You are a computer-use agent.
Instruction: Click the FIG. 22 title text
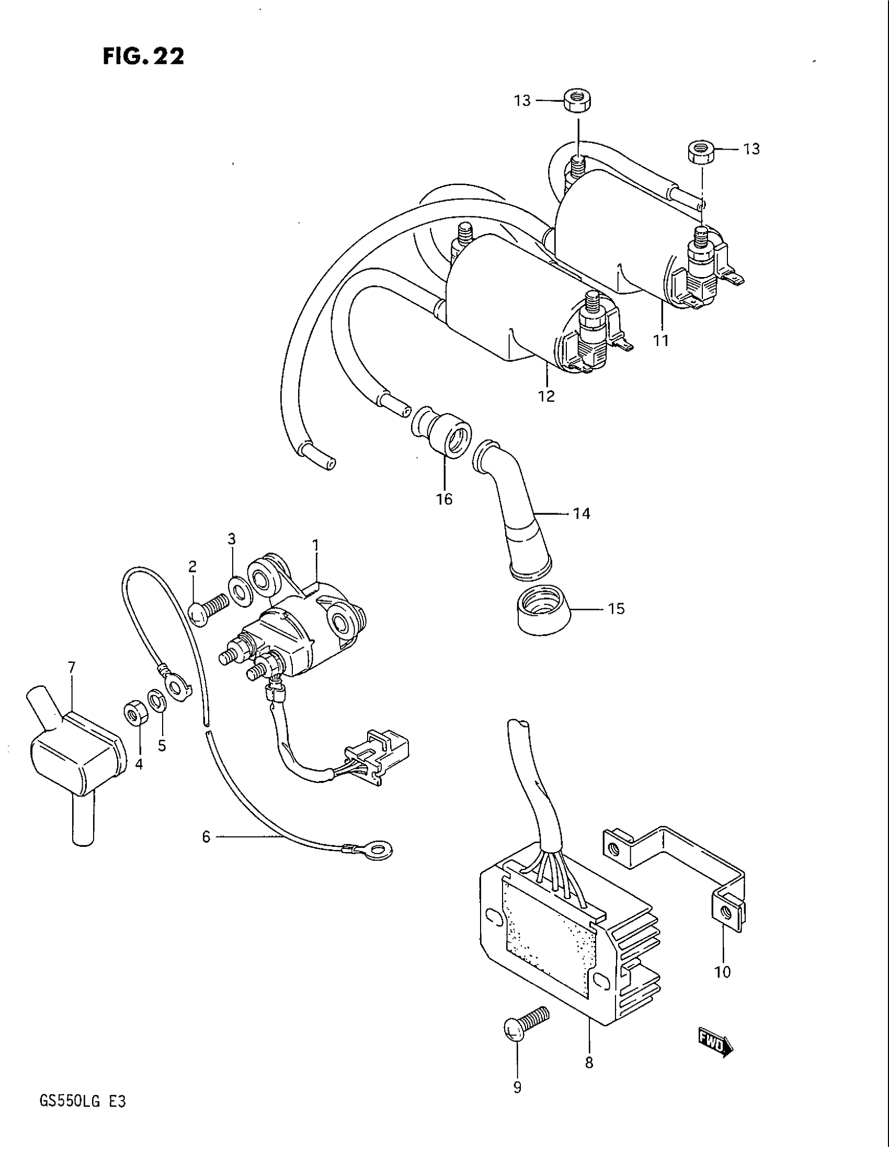[143, 56]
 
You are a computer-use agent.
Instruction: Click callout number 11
[661, 341]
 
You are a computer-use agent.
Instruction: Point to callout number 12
[546, 396]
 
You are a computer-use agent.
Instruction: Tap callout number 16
[444, 498]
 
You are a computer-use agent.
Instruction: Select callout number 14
[582, 513]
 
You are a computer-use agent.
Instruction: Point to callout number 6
[206, 836]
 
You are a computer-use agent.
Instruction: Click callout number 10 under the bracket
[723, 972]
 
